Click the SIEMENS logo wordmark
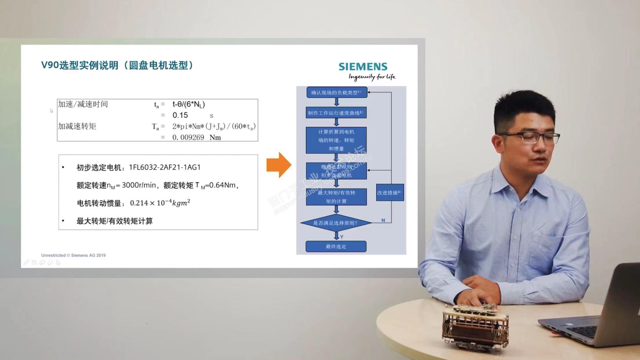(x=363, y=67)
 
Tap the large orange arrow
(x=279, y=165)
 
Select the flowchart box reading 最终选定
(x=336, y=246)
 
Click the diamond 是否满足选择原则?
(x=336, y=223)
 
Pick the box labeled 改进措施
(x=390, y=192)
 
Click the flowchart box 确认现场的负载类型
(x=337, y=92)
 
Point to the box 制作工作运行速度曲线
(x=336, y=113)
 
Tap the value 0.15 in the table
(x=180, y=115)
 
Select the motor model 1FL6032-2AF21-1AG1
(x=165, y=167)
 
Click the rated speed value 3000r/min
(x=139, y=185)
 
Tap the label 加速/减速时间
(x=83, y=104)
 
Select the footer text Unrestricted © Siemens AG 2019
(x=73, y=255)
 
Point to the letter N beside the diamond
(x=383, y=220)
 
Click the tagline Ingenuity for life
(x=372, y=77)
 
